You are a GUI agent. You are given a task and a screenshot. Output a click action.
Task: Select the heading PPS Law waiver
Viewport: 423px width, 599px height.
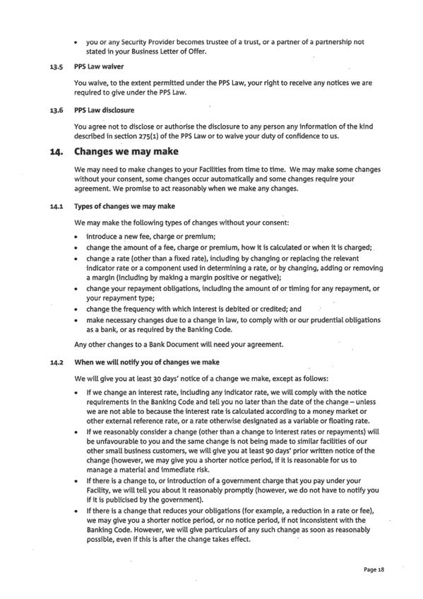click(x=98, y=69)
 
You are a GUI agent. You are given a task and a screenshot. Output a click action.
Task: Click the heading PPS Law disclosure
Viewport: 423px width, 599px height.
click(x=104, y=110)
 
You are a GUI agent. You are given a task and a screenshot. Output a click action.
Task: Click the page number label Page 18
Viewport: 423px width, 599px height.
click(x=374, y=569)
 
